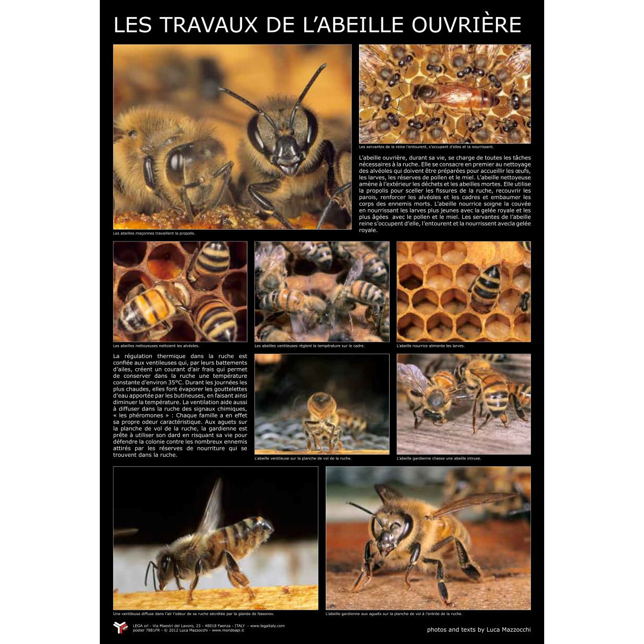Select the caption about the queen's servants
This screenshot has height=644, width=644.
point(426,147)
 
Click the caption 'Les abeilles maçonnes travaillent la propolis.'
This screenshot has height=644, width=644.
point(154,233)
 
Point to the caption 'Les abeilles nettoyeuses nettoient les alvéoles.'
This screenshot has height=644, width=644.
point(156,346)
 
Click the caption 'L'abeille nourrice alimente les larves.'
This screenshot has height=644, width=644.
point(430,346)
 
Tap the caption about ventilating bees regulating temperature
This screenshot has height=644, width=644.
point(310,346)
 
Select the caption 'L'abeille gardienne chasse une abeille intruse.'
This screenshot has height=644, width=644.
point(438,458)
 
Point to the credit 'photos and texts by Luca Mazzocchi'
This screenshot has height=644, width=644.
point(479,630)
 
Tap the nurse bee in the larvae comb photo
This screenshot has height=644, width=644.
point(486,287)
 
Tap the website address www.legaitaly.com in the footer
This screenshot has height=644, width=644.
point(267,626)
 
